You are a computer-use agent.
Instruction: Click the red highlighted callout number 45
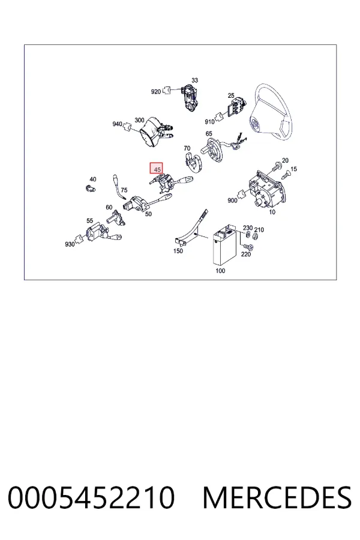157,169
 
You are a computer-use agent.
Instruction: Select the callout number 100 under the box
220,271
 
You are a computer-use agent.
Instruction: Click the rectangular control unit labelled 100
224,244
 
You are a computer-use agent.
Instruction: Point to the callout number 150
178,251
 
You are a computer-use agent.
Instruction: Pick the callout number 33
194,80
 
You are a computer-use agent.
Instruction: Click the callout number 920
156,92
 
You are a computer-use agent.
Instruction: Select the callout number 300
139,120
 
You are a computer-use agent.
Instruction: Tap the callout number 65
209,134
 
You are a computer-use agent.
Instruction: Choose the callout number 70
187,148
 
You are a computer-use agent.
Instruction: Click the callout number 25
231,95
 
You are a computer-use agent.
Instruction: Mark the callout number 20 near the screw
285,160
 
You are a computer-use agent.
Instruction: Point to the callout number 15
293,169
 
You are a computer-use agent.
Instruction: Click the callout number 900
232,200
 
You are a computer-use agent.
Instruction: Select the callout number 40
92,179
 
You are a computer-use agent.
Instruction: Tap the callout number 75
124,190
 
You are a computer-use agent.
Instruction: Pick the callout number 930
70,244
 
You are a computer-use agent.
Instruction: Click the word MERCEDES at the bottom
277,497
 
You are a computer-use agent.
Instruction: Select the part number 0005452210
91,497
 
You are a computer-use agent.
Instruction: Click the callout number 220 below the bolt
245,254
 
